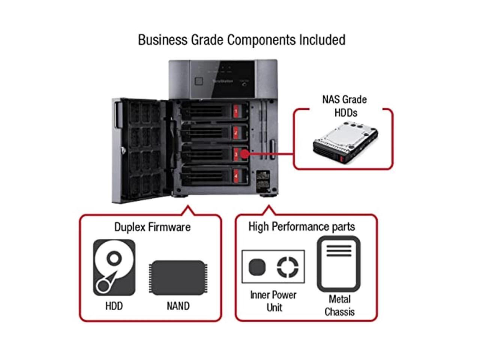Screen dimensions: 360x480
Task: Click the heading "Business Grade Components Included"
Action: click(241, 40)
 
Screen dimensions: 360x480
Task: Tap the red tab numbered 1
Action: click(236, 111)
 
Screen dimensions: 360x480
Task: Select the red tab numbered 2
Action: click(236, 133)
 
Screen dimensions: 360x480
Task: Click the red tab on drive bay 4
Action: click(236, 175)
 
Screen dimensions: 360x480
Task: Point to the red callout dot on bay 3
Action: click(244, 154)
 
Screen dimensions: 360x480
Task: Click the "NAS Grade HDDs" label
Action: click(345, 106)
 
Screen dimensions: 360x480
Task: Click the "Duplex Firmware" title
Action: click(152, 227)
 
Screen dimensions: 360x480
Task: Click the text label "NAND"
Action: click(178, 306)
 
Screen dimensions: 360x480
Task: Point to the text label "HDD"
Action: click(114, 306)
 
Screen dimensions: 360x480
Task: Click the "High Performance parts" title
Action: click(301, 226)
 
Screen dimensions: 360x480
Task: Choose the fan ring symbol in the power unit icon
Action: click(288, 267)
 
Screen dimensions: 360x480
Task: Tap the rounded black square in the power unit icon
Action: click(257, 267)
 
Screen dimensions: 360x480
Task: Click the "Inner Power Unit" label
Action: click(273, 301)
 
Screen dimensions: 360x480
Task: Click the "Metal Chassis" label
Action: click(339, 305)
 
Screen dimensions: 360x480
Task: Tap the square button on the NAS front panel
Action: click(199, 81)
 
